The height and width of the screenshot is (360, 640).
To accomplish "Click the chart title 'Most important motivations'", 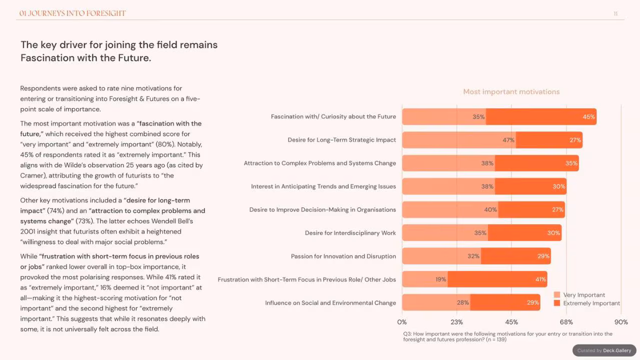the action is pos(511,91).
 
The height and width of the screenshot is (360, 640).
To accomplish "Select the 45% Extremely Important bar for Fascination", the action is pos(541,116).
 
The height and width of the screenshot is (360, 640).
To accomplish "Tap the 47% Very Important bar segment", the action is pos(459,140).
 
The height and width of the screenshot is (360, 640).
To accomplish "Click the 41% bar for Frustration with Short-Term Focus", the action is pos(497,279).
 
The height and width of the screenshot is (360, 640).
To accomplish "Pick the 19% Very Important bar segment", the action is pos(424,279).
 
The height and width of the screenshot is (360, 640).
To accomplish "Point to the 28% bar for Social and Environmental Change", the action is pos(436,302).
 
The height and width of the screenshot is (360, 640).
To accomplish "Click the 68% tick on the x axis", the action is pos(566,322).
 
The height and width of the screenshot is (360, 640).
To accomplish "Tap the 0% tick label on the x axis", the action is pos(401,322).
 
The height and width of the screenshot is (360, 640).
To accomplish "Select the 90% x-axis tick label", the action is pos(621,322).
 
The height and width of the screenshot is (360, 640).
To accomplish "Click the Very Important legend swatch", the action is pos(556,294).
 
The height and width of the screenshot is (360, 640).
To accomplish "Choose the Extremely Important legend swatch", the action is pos(556,303).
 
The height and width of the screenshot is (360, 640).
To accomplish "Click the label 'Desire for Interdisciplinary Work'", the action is pos(350,233).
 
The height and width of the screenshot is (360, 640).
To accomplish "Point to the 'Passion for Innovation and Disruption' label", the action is pos(343,256).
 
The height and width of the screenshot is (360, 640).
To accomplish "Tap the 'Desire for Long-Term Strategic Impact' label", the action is pos(341,140).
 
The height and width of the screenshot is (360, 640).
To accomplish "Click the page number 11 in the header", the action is pos(615,13).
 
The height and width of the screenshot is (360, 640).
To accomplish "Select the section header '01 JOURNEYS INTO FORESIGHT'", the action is pos(72,13).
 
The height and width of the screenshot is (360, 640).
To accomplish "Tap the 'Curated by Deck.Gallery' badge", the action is pos(604,350).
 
